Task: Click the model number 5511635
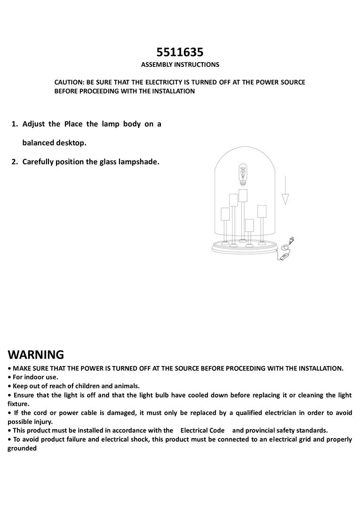pos(180,52)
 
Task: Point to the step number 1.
pos(14,124)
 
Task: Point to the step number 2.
pos(14,162)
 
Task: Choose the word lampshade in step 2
pos(139,162)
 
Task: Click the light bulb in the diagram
pos(242,175)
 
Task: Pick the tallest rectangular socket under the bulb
pos(243,196)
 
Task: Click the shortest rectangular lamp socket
pos(249,225)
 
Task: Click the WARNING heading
pos(36,354)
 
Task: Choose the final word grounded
pos(22,448)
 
